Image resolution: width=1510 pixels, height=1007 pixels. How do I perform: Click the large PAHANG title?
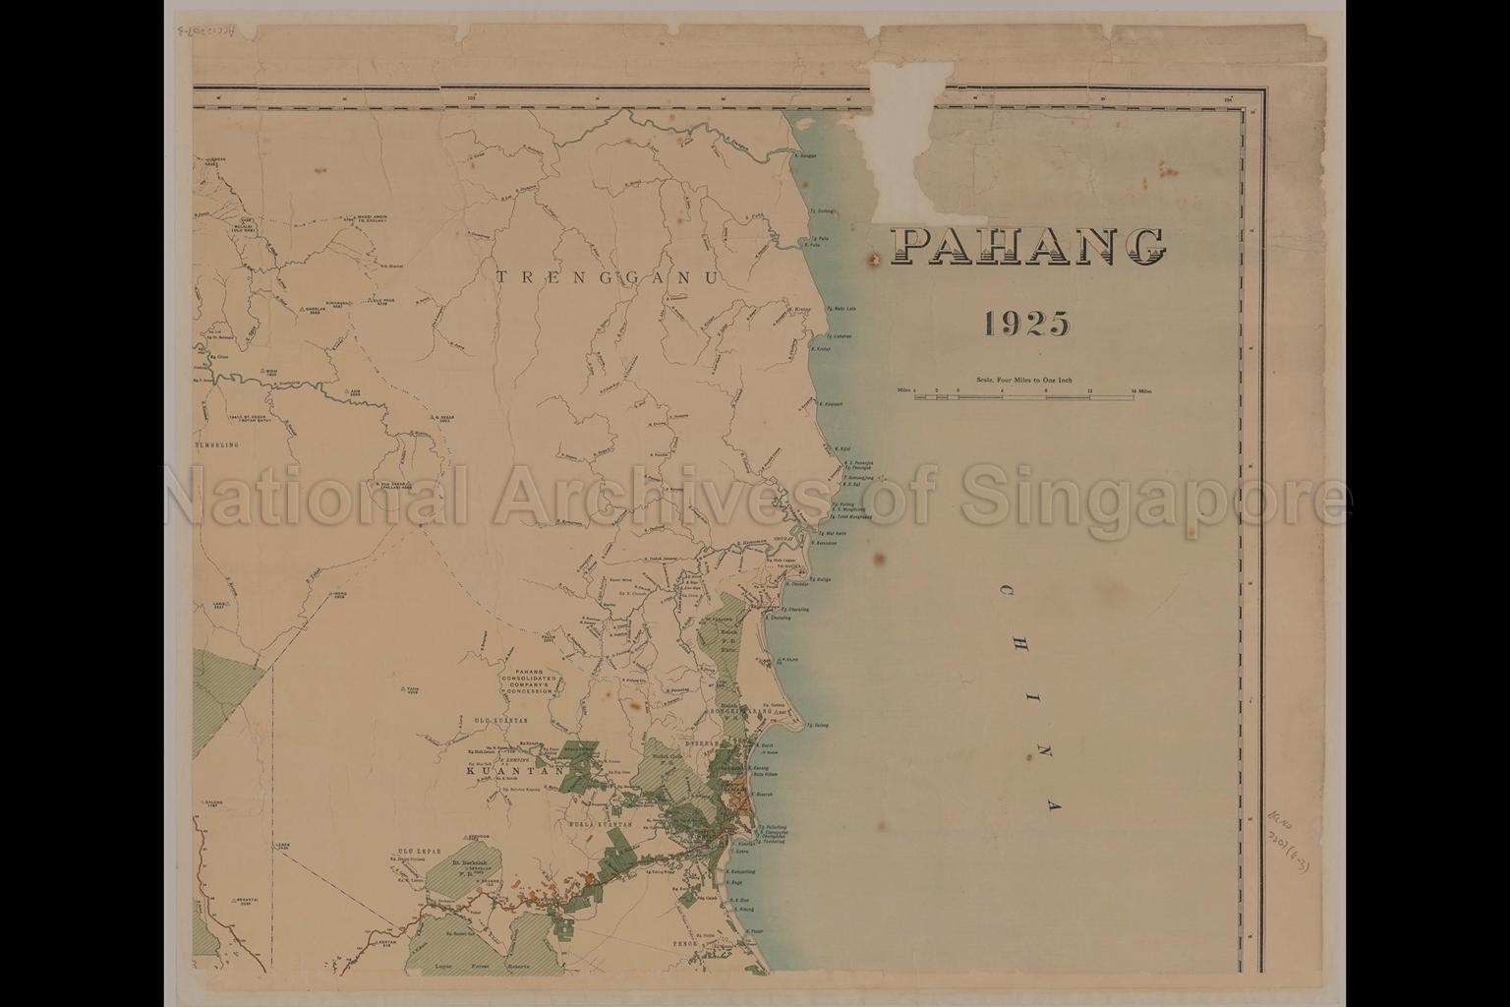(x=1028, y=247)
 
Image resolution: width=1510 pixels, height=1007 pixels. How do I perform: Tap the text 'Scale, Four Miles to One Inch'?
(x=1024, y=379)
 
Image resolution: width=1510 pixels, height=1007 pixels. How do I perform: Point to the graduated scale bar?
(x=1022, y=396)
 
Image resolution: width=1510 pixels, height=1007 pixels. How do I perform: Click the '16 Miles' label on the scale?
(x=1141, y=390)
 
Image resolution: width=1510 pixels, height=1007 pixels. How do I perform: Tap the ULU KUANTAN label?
(x=495, y=722)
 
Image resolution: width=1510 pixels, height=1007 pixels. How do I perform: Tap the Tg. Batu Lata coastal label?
(x=843, y=308)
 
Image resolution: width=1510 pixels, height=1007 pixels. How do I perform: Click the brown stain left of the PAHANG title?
(x=872, y=260)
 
